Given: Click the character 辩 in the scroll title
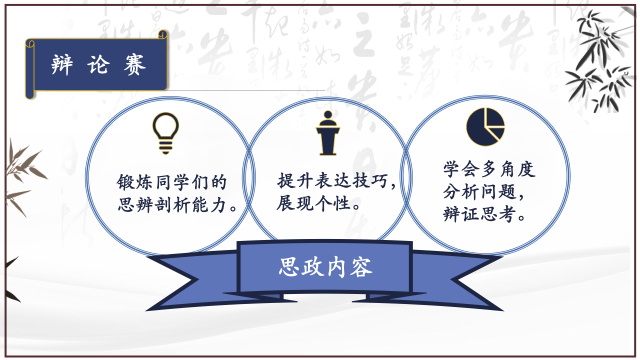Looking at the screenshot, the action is pos(62,64).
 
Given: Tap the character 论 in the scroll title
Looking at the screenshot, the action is pos(98,64).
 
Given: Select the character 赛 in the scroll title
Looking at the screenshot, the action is pos(135,64).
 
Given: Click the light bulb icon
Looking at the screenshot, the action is pos(165,133).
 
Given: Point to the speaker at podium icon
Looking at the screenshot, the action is pos(327,133).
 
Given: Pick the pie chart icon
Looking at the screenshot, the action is pos(485,126).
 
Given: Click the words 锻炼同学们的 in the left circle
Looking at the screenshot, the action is pos(171,182).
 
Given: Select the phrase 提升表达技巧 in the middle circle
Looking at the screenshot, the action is pos(332,180).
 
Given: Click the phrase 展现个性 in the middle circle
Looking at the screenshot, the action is pos(314,203).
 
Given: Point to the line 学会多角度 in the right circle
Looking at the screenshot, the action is pos(489,169).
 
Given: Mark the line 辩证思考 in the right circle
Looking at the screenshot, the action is pos(480,213).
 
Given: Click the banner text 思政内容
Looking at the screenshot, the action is pos(325,267).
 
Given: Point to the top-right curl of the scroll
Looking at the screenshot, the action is pos(162,34).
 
